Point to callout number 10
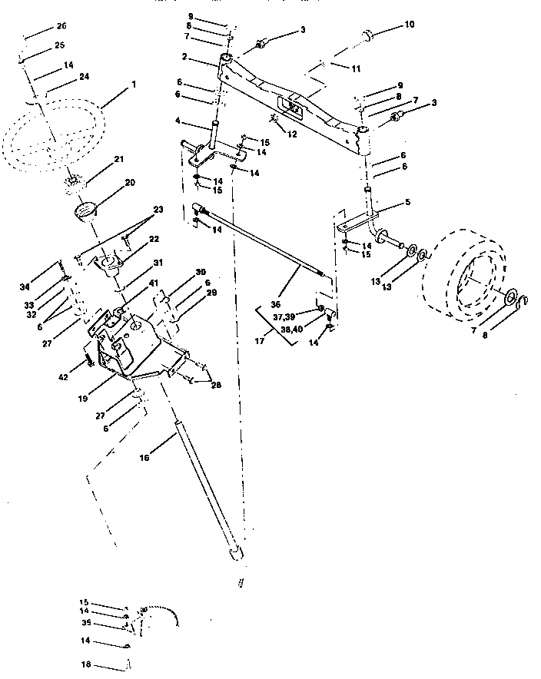(x=409, y=25)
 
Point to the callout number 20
(x=129, y=183)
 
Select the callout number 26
(x=61, y=26)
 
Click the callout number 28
(x=216, y=384)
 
